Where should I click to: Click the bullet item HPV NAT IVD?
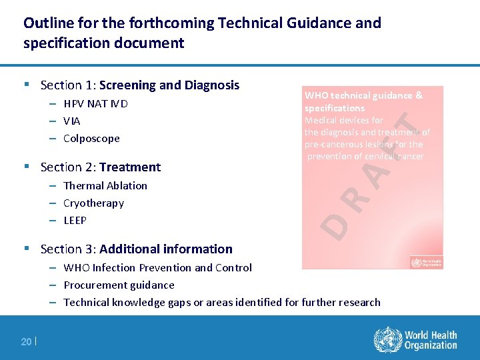[95, 103]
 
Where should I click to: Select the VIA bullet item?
[71, 121]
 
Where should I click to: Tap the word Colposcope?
[91, 138]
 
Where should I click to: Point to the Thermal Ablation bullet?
[105, 185]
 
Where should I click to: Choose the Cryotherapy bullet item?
[93, 203]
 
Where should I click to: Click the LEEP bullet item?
[75, 220]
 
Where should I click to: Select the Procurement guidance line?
[119, 285]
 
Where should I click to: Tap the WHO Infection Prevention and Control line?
[157, 267]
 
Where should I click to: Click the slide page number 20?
[26, 341]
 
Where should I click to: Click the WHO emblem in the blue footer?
[386, 340]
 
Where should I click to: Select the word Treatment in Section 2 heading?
[130, 167]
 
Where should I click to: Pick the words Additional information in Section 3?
[166, 249]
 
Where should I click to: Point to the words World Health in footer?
[431, 335]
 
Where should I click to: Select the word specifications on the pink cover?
[335, 108]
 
